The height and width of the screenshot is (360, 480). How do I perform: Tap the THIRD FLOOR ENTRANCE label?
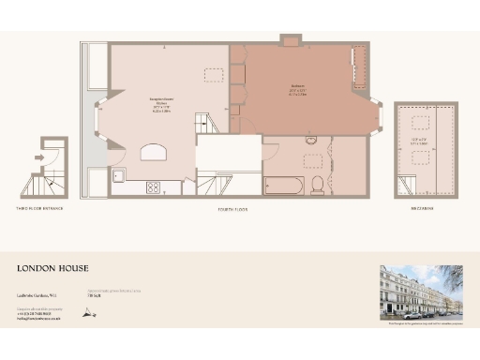pyautogui.click(x=39, y=208)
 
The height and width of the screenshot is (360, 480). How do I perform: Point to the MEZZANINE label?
pyautogui.click(x=419, y=208)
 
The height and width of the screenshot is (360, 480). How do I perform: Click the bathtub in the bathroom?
pyautogui.click(x=281, y=184)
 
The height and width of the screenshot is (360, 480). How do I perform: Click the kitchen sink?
pyautogui.click(x=120, y=175)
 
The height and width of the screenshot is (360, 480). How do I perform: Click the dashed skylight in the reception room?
pyautogui.click(x=215, y=74)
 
